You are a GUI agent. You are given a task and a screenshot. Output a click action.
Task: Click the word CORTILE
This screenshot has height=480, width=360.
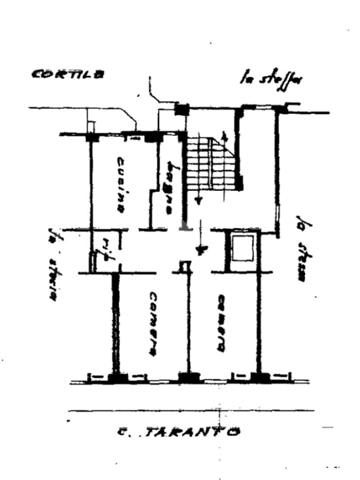68,74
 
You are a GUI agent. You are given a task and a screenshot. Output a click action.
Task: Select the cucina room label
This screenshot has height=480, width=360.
121,185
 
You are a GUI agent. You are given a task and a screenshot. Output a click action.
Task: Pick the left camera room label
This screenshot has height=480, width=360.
153,323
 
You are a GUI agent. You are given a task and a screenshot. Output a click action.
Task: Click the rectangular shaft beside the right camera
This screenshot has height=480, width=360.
243,248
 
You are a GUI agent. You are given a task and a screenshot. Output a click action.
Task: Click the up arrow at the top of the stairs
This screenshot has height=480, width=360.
225,137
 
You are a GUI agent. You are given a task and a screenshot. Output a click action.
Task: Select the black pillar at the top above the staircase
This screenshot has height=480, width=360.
181,109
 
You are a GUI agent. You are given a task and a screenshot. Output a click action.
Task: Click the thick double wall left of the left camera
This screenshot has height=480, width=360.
114,323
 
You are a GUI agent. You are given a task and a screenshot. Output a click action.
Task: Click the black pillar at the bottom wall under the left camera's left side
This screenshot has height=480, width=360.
114,378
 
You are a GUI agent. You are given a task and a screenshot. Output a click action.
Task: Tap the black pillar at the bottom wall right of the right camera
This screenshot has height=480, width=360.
257,378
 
